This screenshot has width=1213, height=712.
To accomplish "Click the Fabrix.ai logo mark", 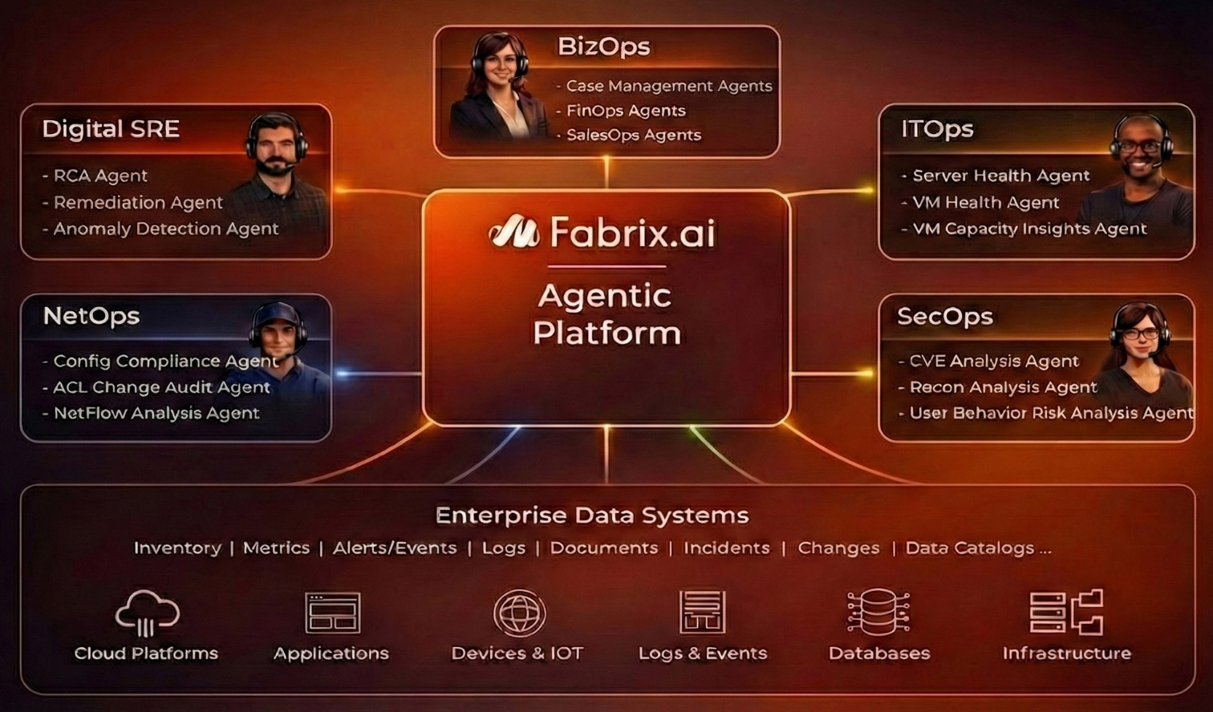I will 513,232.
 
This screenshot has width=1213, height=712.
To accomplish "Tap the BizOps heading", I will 603,47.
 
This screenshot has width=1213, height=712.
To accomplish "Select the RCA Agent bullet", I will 100,176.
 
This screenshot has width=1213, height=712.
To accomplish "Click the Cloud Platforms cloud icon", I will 146,613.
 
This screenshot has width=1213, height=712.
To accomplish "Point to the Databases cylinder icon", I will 878,612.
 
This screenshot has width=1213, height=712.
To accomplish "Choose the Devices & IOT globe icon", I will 519,613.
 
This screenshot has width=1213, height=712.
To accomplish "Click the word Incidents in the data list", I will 726,548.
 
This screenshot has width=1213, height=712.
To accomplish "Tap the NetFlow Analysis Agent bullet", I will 156,413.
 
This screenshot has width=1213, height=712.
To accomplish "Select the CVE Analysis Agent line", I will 993,361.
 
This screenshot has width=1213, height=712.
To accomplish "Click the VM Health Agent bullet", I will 985,202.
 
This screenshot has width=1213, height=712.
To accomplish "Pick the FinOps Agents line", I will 626,111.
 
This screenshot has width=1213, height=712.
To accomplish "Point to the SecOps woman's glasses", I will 1140,333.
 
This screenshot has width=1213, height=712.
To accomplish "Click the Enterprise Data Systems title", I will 592,515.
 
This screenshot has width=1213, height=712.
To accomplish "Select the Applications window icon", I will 332,613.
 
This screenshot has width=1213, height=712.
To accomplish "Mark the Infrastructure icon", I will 1066,612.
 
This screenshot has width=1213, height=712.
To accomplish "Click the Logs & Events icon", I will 703,612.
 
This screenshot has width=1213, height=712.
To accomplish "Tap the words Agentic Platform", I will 606,314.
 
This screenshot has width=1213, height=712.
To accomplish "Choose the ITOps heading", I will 937,129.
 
